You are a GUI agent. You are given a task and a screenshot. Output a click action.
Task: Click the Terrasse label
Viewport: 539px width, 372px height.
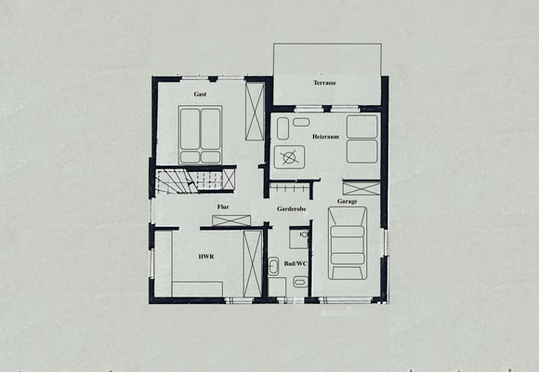click(324, 84)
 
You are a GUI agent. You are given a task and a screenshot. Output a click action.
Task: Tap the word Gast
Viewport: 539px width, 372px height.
click(200, 95)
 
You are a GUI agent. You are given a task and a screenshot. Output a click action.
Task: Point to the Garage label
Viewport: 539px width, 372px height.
click(348, 201)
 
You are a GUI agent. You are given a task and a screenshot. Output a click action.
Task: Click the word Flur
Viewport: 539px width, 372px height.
click(223, 206)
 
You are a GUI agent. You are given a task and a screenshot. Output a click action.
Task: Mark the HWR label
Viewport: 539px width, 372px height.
click(206, 256)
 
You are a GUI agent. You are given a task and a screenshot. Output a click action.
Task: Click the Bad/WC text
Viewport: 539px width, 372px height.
click(296, 264)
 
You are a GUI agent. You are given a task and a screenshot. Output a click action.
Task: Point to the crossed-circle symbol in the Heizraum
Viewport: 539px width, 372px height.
click(291, 156)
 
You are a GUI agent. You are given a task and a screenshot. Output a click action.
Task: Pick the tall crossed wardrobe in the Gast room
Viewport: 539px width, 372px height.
click(254, 111)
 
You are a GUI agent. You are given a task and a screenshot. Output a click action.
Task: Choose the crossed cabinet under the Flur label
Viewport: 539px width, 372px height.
click(230, 220)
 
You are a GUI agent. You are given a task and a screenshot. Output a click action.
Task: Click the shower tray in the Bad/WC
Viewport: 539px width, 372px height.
click(297, 239)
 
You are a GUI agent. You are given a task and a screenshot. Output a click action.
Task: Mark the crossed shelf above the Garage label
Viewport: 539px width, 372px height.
click(361, 186)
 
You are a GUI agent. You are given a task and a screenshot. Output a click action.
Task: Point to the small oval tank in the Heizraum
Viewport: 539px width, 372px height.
click(300, 122)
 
